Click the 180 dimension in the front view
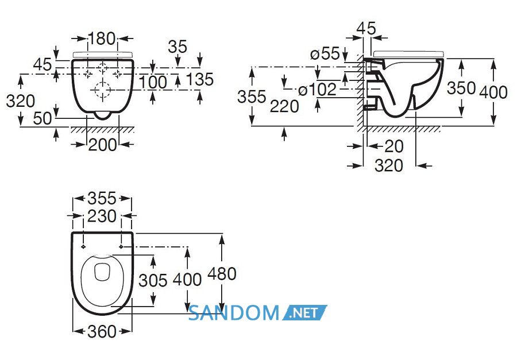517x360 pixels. tap(102, 38)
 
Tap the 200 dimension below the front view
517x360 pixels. tap(103, 145)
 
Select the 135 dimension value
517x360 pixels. tap(199, 79)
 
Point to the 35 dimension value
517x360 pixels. tap(178, 47)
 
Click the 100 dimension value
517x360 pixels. tap(153, 82)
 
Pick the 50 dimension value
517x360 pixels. tap(43, 118)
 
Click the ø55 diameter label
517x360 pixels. tap(325, 53)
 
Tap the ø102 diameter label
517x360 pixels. tap(317, 90)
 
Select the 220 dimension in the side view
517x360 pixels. tap(284, 106)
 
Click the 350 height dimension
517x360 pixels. tap(461, 88)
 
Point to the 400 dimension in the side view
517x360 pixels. tap(493, 92)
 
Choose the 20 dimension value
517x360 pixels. tap(393, 146)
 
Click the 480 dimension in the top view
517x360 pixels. tap(222, 274)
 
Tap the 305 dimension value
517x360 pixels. tap(153, 281)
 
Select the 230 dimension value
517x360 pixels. tap(102, 216)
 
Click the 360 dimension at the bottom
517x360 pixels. tap(102, 331)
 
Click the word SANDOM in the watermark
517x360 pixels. tap(233, 313)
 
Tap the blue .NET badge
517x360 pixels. tap(304, 313)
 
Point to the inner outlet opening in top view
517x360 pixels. tap(102, 272)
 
